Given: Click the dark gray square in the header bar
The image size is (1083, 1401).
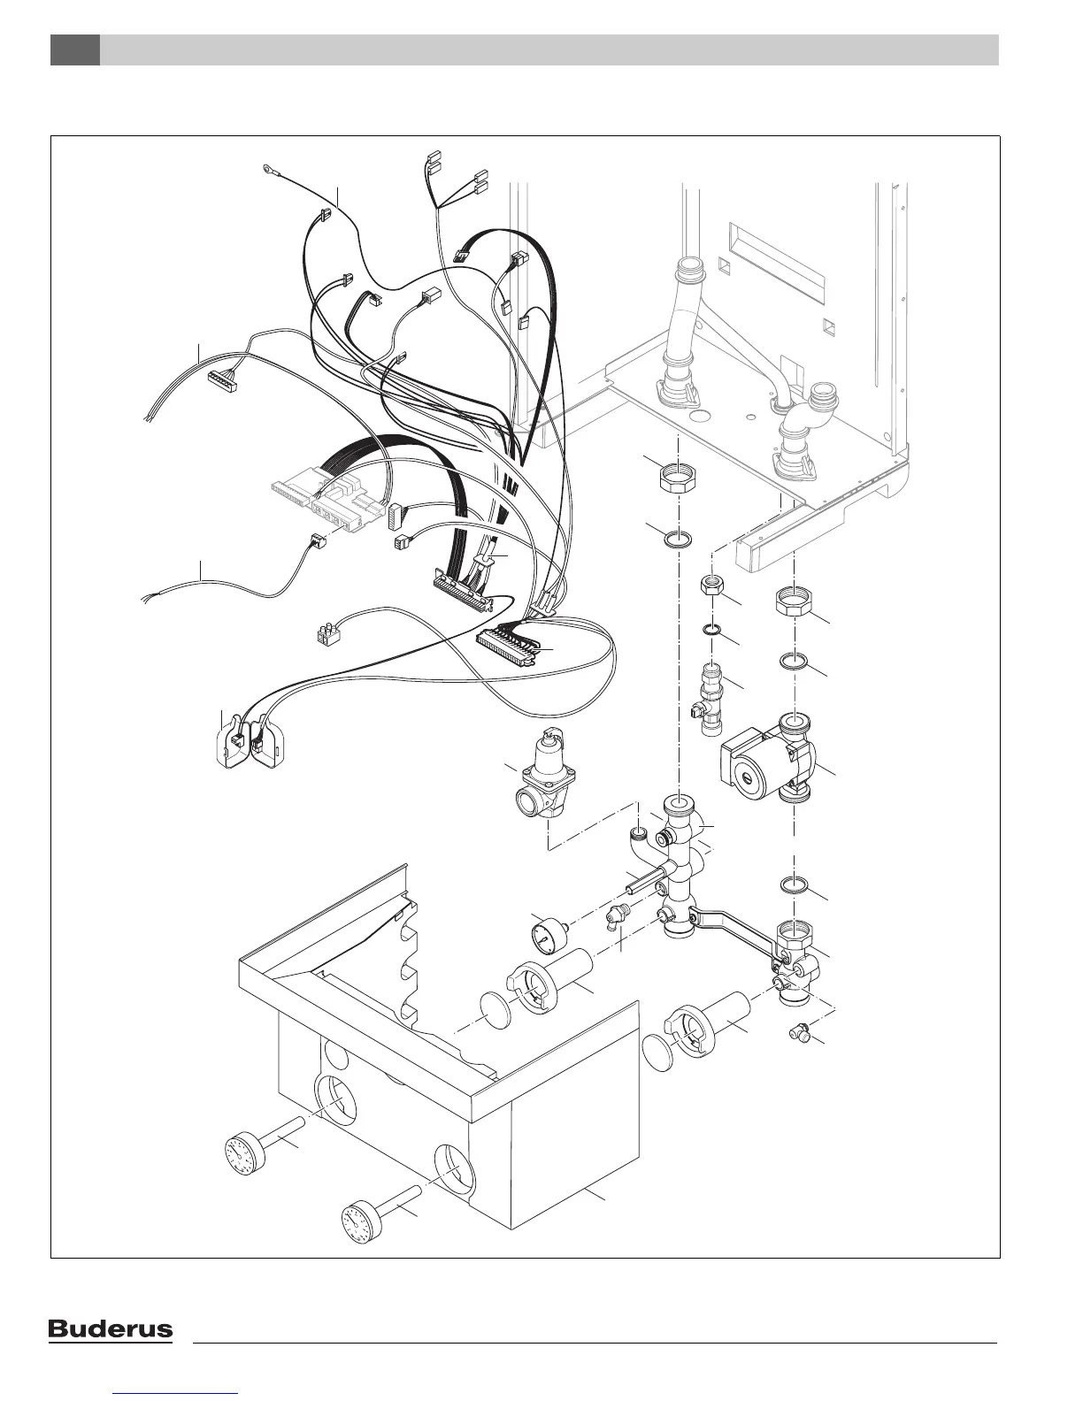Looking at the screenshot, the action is (x=74, y=50).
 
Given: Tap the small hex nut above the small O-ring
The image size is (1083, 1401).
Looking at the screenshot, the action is (x=711, y=587).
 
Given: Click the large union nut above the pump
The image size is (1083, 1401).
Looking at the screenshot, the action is (x=794, y=605).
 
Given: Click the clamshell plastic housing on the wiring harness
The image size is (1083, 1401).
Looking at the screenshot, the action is (x=250, y=738).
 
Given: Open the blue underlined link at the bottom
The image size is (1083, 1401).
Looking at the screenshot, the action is (x=177, y=1393).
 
